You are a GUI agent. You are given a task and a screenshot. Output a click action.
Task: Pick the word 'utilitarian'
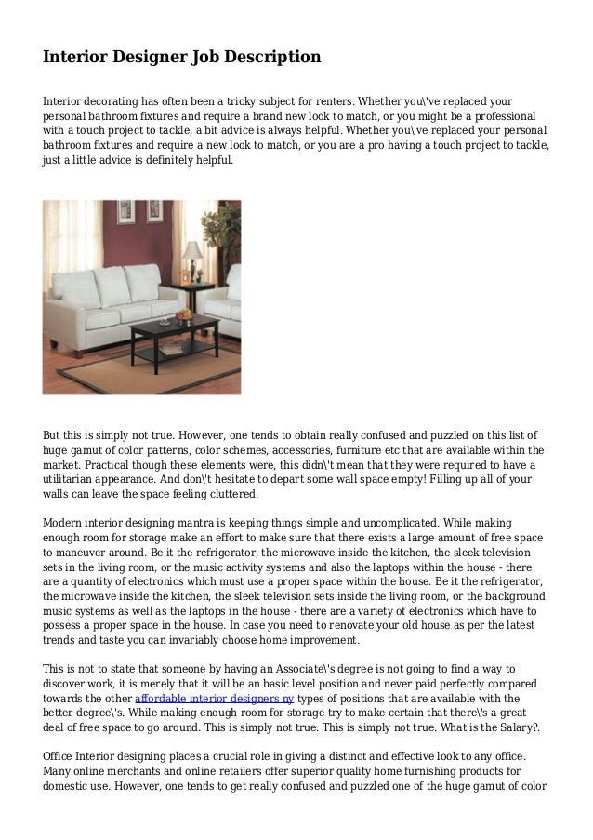click(x=74, y=479)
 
